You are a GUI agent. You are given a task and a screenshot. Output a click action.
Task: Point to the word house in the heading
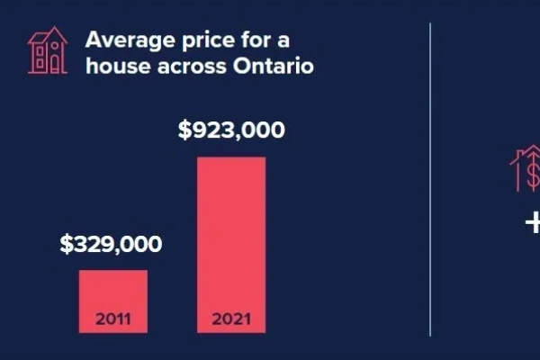(114, 67)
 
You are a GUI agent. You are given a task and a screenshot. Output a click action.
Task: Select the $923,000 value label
(231, 130)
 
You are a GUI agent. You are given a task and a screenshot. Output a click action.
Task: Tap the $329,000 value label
(112, 244)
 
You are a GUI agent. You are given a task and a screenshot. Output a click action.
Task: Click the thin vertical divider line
(430, 180)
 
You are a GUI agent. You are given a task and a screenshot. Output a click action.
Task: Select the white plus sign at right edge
(533, 222)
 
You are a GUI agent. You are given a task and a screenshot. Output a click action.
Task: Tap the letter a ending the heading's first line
(294, 40)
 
